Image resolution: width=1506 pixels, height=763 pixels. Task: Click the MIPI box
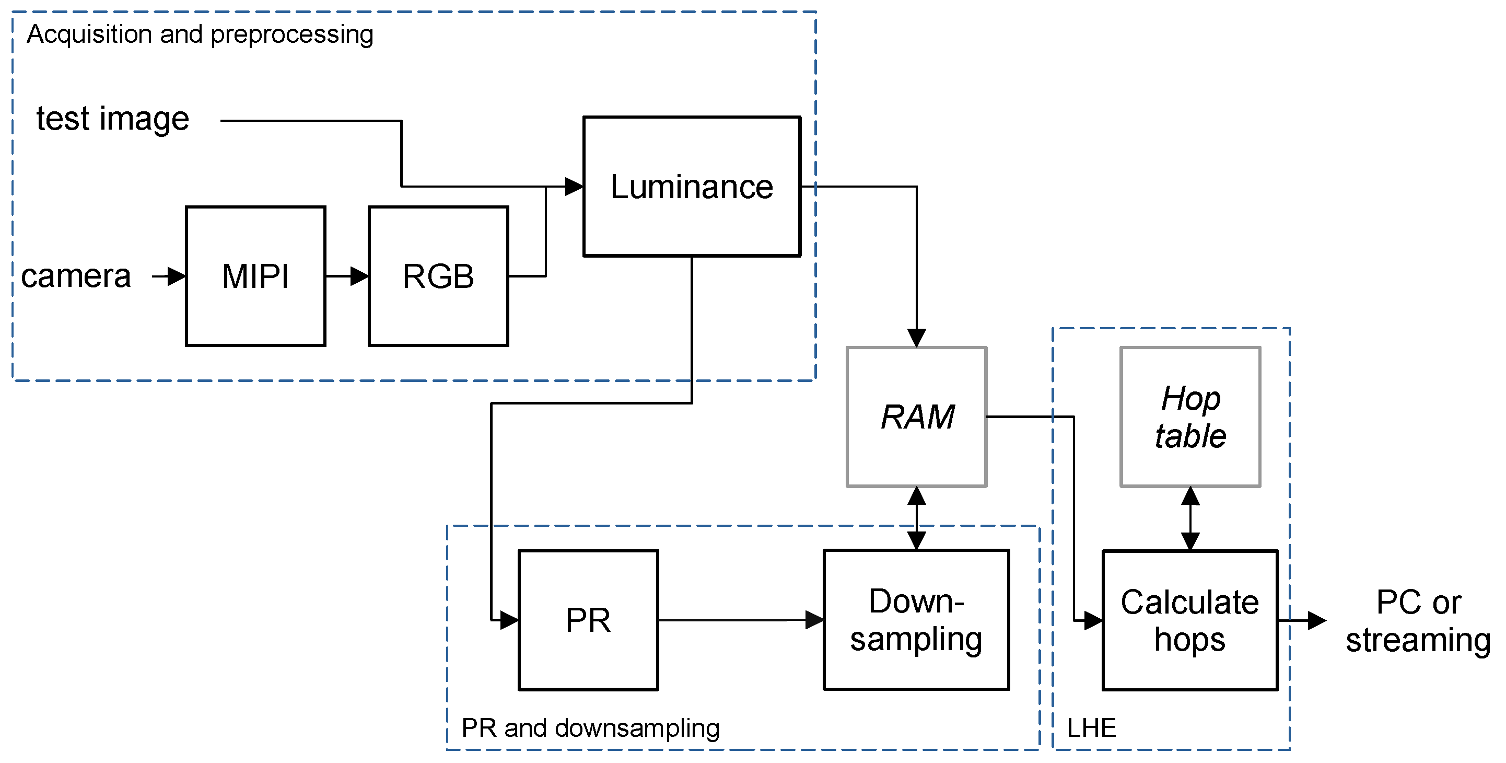255,276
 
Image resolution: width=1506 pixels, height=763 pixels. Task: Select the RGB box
438,276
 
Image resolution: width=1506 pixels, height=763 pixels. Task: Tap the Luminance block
692,187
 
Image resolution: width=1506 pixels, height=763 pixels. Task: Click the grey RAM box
917,417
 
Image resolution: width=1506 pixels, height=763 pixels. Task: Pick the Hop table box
1190,417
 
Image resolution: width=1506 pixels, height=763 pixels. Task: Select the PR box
588,620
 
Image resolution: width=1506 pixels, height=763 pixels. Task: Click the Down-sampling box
916,620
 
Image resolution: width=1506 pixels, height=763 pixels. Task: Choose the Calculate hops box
1190,620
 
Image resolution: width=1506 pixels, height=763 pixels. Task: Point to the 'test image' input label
113,119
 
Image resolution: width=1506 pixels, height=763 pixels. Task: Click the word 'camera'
76,276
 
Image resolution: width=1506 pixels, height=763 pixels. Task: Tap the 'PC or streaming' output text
1418,621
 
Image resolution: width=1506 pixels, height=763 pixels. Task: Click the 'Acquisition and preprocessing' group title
200,34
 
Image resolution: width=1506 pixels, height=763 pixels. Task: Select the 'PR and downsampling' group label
590,728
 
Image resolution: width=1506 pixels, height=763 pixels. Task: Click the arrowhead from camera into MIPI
176,276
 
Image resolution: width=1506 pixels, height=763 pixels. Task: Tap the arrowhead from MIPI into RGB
359,276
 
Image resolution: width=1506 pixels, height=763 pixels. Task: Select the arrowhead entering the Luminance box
574,187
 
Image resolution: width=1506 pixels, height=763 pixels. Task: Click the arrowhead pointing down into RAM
916,338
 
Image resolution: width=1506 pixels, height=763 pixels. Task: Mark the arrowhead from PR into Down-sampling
814,620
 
